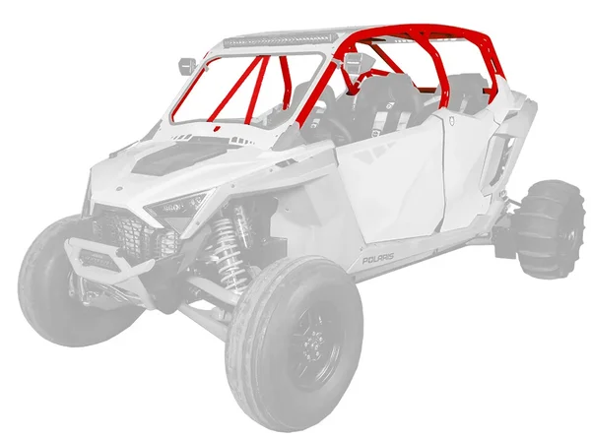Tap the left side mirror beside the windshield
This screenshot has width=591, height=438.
185,66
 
